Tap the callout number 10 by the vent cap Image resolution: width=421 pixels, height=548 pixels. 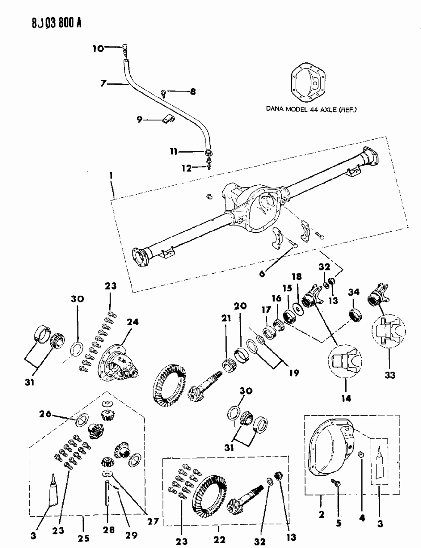coord(98,49)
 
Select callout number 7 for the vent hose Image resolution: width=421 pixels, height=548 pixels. coord(103,84)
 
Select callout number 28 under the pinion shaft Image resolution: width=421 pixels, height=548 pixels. coord(108,530)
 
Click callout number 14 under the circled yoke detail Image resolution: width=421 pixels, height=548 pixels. coord(346,398)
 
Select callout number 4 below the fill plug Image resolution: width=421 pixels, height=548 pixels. coord(362,518)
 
